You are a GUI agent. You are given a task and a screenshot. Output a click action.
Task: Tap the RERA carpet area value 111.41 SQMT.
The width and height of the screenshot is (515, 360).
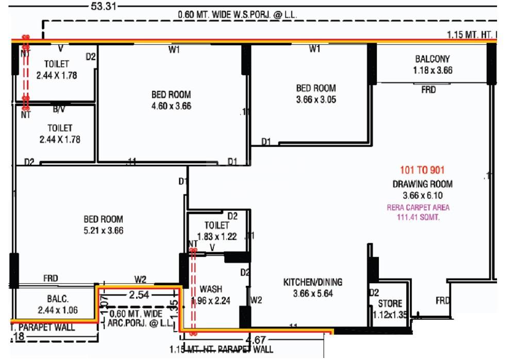coord(418,217)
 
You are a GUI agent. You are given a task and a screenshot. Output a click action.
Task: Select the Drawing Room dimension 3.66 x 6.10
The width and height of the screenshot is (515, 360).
coord(422,196)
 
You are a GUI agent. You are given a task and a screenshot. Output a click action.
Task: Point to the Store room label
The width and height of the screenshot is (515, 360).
coord(390,303)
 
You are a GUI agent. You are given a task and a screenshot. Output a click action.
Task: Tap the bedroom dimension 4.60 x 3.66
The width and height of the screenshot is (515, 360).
coord(171,106)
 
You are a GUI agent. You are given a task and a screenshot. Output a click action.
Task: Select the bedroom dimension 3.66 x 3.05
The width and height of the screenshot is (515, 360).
coord(316,100)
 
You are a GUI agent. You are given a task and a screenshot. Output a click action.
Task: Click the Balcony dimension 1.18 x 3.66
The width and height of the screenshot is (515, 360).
coord(433,71)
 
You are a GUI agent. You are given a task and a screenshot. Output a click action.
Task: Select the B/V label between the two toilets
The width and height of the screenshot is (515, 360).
coord(59,110)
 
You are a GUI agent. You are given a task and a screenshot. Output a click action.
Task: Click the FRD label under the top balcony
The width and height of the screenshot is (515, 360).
coord(428,90)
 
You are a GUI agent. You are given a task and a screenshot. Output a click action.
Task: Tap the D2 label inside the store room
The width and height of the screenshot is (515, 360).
coord(374,293)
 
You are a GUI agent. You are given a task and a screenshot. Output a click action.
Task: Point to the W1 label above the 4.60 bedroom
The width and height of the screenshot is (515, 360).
coord(174,50)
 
